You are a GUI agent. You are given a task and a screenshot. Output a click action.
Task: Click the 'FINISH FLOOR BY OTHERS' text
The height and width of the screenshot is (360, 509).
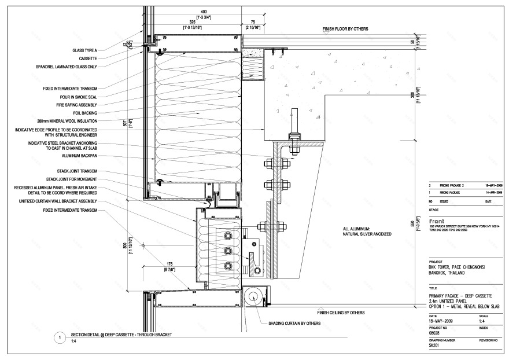click(x=345, y=28)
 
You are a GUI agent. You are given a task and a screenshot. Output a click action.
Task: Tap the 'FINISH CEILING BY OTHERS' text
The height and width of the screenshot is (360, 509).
click(x=341, y=313)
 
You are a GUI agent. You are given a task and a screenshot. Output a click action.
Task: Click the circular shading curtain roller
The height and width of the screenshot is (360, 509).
click(x=253, y=297)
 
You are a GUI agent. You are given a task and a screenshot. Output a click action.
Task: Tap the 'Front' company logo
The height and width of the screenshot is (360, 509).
click(x=438, y=221)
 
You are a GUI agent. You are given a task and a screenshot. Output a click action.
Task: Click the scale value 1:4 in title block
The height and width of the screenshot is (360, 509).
click(x=483, y=321)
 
